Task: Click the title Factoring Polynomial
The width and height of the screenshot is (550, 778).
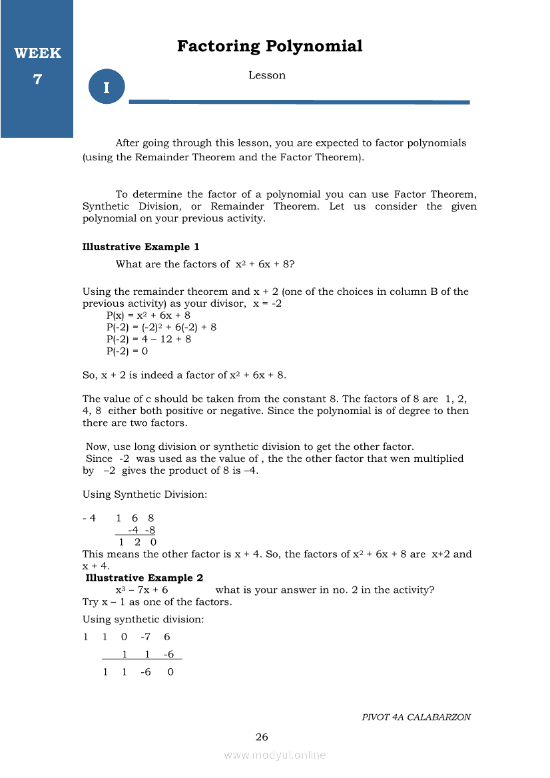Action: pos(270,47)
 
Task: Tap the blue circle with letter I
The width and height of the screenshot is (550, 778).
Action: pos(107,87)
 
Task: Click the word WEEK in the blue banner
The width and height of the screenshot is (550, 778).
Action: pos(37,53)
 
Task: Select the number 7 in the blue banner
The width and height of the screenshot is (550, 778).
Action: pos(37,79)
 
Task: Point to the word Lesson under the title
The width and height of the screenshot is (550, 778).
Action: pos(267,75)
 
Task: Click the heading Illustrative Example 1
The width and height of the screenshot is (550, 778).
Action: pos(140,247)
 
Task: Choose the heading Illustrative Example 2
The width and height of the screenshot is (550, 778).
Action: pos(144,578)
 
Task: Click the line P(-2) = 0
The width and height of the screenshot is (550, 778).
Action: pos(127,351)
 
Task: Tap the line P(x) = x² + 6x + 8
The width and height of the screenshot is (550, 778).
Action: pos(148,315)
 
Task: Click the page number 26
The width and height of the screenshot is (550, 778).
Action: pos(262,737)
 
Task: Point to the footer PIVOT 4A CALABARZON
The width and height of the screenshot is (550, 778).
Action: pos(416,717)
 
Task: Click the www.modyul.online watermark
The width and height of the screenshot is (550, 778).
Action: pos(275,755)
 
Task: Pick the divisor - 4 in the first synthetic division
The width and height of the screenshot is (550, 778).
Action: pos(89,518)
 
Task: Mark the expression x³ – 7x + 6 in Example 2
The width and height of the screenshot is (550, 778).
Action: pos(141,590)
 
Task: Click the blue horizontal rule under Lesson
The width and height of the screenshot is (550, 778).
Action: pos(299,102)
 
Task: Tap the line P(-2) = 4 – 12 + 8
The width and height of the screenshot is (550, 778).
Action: pos(148,339)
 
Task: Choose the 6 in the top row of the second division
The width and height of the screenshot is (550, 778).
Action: pos(166,637)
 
